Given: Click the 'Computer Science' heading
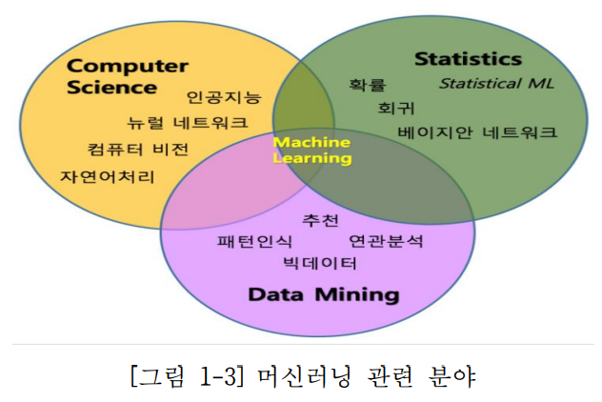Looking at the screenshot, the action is point(127,76).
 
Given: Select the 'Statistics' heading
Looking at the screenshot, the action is point(468,59).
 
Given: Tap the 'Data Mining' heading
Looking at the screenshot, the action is point(323,293).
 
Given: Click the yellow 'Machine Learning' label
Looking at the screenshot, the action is point(311,151).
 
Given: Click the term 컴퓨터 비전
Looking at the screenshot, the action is point(137,150).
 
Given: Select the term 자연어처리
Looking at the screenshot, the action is point(108,176).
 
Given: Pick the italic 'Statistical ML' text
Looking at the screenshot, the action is point(496,83).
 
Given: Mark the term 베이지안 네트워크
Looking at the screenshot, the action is point(477,133).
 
